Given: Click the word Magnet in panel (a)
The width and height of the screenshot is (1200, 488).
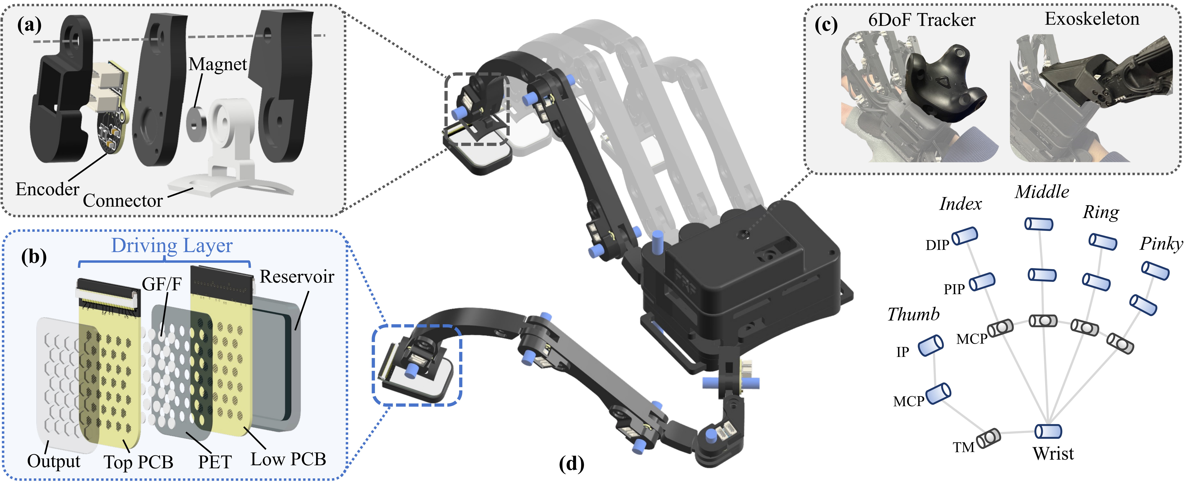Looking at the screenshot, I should click(x=217, y=64).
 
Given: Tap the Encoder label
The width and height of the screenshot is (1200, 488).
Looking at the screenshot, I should click(x=47, y=189).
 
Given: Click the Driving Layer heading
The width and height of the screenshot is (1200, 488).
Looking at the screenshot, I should click(x=171, y=245).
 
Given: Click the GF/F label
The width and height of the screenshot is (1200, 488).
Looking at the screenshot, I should click(x=161, y=284).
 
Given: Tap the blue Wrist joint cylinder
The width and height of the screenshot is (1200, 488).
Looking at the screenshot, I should click(x=1048, y=431).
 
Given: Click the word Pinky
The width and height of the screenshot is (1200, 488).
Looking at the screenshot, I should click(x=1161, y=244).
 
